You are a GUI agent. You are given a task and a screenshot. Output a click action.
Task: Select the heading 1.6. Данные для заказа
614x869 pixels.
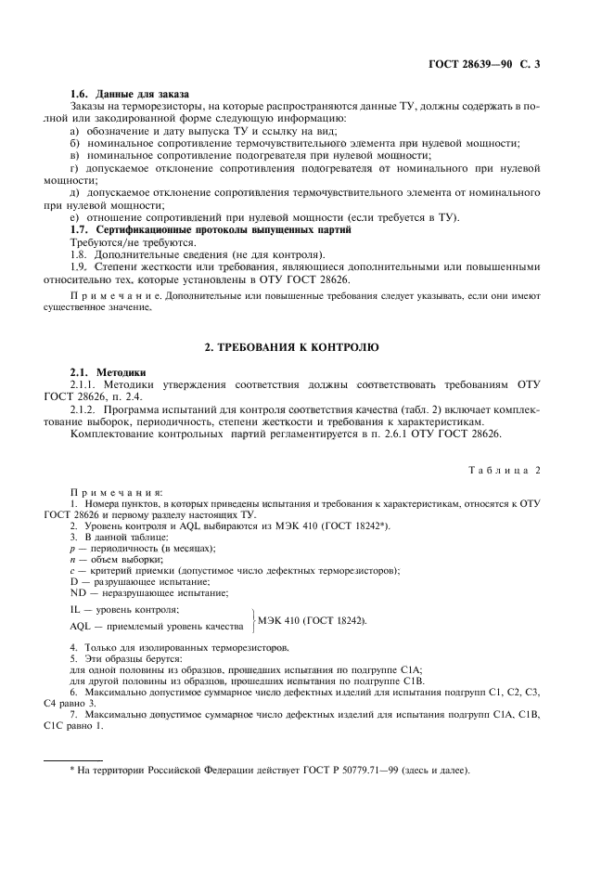click(x=130, y=95)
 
